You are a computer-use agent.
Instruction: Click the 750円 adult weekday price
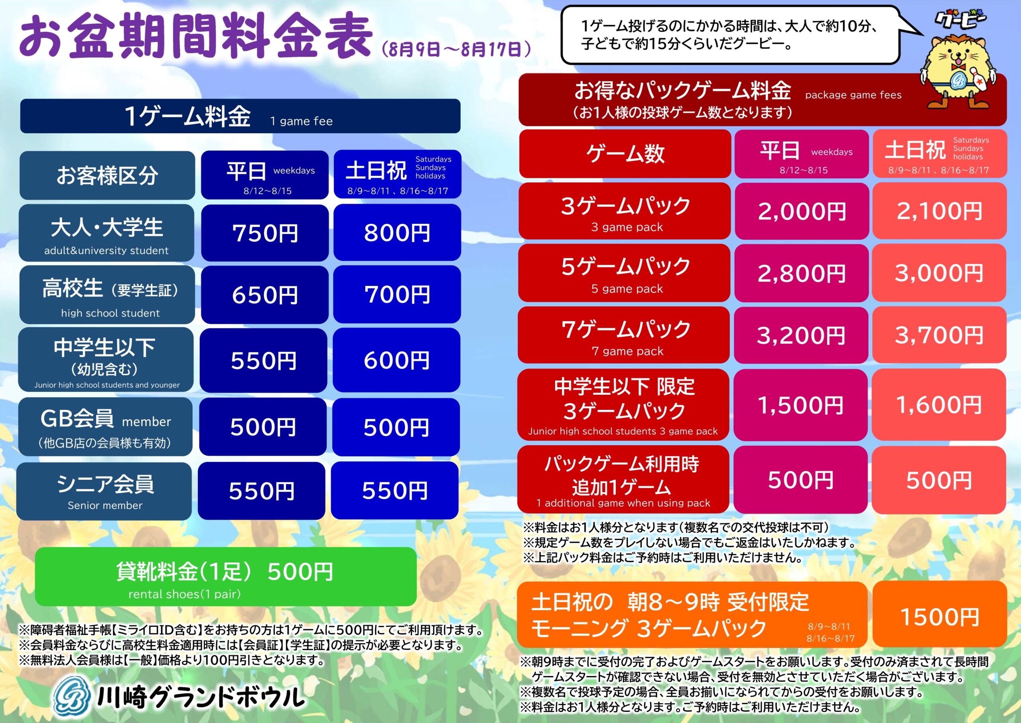coord(265,233)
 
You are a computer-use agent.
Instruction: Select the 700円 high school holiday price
coord(397,294)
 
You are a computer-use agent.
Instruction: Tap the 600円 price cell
coord(397,360)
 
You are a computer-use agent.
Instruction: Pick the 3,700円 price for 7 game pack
coord(939,335)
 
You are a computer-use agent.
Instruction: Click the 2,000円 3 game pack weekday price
coord(802,211)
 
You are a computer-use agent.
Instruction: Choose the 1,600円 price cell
coord(938,405)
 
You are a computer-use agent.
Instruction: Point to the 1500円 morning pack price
coord(940,617)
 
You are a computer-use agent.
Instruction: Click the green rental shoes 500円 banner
coord(226,577)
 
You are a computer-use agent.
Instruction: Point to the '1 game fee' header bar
coord(240,116)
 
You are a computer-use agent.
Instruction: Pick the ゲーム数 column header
coord(625,154)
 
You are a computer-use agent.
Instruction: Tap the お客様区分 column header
coord(107,175)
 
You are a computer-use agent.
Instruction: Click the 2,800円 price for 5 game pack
coord(802,273)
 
